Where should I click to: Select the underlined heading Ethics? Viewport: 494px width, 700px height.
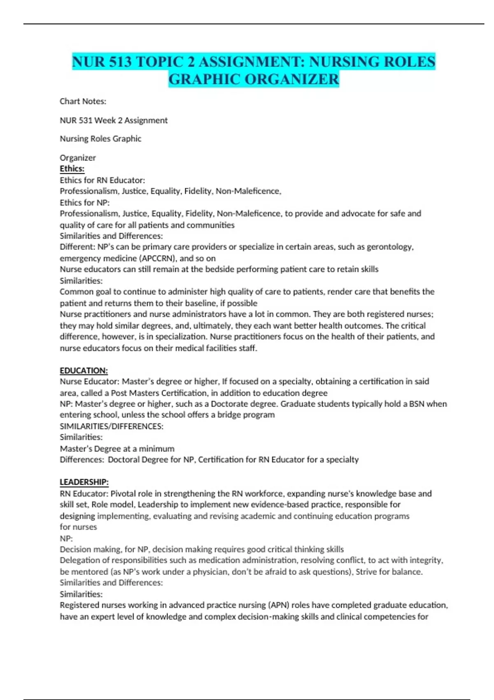click(72, 168)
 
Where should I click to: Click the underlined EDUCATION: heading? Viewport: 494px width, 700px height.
click(84, 371)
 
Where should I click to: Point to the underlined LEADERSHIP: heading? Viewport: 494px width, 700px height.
click(84, 482)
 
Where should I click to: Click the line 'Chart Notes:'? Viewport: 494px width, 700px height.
click(83, 101)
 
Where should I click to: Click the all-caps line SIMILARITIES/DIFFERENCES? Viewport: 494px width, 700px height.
click(112, 426)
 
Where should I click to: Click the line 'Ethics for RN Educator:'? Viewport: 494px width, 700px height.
click(102, 180)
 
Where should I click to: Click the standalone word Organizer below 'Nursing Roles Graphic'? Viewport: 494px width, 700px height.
click(77, 158)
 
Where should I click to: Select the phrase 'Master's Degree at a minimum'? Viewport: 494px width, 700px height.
click(117, 448)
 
